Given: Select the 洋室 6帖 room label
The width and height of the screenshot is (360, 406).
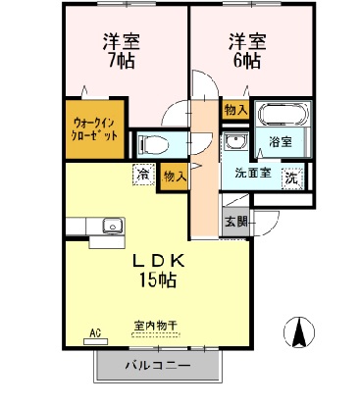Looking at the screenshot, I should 244,51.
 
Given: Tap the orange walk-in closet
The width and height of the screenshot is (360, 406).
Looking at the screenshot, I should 96,129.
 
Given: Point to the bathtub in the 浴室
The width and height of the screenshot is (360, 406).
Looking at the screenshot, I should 283,115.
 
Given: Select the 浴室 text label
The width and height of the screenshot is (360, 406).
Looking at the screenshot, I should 282,142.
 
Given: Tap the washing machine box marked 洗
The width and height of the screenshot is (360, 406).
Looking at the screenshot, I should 291,178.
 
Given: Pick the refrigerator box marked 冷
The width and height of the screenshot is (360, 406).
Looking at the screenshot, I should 144,174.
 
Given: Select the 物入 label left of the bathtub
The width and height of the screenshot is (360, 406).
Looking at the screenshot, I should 234,110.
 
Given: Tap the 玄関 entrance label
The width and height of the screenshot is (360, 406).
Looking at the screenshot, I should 235,222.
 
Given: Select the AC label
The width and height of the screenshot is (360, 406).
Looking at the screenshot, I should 96,333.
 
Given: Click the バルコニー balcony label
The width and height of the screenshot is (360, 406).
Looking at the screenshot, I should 157,366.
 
